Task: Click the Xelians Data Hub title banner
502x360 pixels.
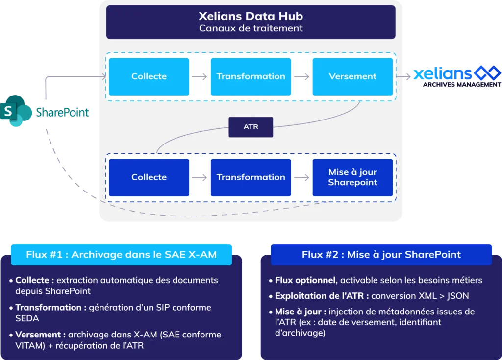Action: (251, 22)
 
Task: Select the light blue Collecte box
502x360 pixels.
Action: (149, 76)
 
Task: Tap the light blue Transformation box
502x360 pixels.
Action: (251, 76)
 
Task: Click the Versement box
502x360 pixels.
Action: (352, 76)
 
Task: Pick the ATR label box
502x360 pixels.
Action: (251, 127)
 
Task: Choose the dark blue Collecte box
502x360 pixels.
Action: (149, 177)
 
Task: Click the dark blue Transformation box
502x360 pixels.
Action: (251, 177)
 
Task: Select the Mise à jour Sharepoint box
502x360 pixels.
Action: (352, 177)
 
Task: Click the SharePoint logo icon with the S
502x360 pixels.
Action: (17, 111)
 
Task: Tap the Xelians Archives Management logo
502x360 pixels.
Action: (456, 76)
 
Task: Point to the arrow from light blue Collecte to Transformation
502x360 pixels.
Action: (200, 77)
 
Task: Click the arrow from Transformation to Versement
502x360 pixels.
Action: (301, 77)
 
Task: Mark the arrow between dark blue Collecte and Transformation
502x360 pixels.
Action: (200, 178)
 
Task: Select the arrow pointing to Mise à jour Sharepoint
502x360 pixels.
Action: (301, 178)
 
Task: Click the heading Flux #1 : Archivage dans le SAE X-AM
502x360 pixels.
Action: (121, 255)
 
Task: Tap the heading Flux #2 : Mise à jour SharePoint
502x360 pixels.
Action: (381, 255)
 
